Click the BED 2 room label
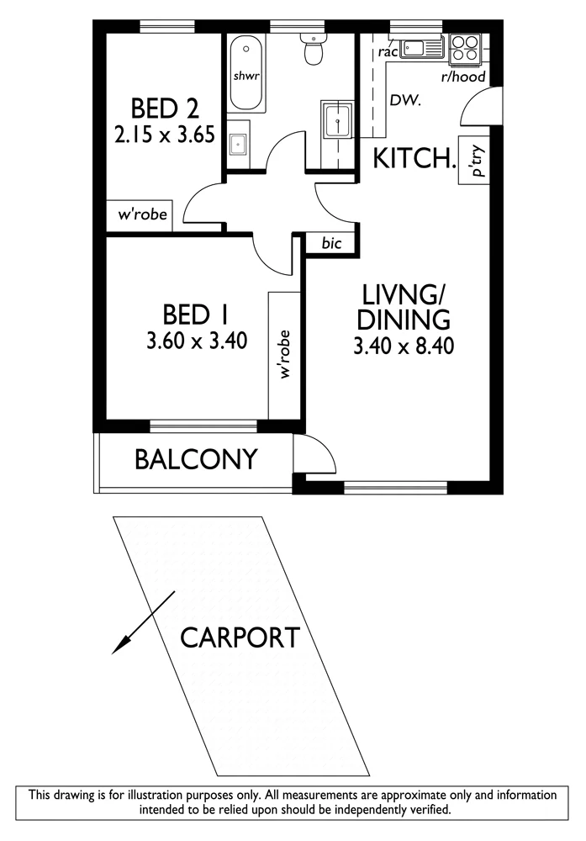165,108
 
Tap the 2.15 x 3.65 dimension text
165,134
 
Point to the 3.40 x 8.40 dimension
404,346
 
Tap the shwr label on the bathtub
246,76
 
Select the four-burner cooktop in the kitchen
465,46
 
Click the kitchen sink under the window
422,49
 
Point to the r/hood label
462,77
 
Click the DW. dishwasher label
404,100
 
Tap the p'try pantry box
473,161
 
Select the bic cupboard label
331,243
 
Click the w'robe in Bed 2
143,214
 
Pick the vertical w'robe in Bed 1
283,354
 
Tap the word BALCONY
196,459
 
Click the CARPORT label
240,637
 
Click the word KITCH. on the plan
414,158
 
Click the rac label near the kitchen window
388,52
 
